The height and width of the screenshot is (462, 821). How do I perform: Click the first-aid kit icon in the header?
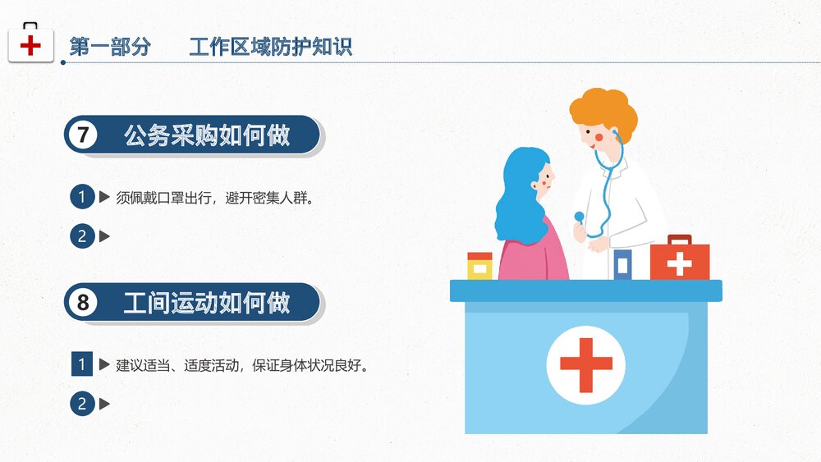(x=30, y=43)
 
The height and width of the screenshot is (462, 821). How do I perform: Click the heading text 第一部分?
(x=110, y=47)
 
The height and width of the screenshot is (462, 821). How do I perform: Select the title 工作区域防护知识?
(x=270, y=47)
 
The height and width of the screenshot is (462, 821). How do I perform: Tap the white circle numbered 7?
(x=83, y=135)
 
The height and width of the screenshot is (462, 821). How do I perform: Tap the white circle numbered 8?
(x=83, y=303)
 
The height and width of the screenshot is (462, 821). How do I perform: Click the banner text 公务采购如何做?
(x=207, y=135)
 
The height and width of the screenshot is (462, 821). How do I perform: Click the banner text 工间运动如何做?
(x=207, y=303)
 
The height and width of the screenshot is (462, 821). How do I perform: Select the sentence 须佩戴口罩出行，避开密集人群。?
(x=214, y=198)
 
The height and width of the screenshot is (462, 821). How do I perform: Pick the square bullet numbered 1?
(x=82, y=364)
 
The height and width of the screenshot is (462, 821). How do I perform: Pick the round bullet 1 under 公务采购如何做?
(x=82, y=197)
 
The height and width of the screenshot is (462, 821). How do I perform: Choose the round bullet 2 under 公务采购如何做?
(x=82, y=237)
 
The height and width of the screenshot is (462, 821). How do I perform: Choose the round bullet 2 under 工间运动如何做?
(x=82, y=404)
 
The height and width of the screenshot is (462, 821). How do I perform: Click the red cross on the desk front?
(x=585, y=365)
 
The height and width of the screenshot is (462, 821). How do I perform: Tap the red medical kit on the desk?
(x=680, y=259)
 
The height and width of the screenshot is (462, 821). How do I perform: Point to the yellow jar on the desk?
(x=479, y=266)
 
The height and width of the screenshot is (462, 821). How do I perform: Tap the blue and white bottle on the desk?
(x=623, y=264)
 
